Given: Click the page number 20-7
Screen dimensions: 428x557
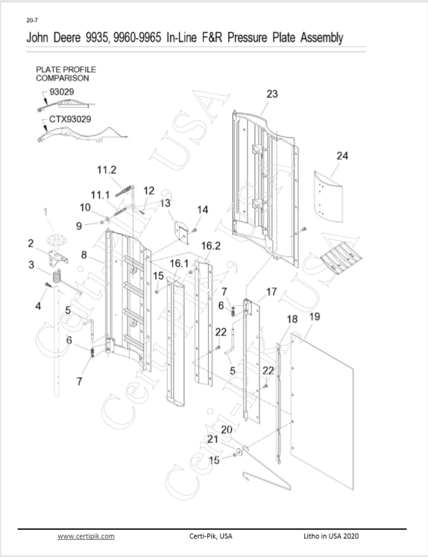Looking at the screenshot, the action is pos(32,21).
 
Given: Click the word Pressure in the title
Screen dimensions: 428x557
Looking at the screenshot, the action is pos(247,37).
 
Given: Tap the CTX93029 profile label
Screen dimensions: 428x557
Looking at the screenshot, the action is pos(70,119).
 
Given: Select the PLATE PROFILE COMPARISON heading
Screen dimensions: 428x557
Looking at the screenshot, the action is pos(66,73).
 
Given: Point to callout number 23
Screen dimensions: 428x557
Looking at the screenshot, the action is pos(272,94).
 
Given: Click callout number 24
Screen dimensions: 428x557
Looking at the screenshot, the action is pos(342,156).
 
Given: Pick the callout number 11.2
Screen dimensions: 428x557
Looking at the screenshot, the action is pos(106,170).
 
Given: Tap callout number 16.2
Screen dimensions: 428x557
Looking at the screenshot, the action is pos(211,246).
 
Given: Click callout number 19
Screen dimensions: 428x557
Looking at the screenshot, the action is pos(314,316).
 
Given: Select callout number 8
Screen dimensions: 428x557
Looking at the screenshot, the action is pos(83,254).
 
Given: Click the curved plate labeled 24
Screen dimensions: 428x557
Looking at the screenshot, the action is pos(329,196).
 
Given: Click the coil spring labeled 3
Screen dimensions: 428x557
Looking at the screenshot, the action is pos(56,276).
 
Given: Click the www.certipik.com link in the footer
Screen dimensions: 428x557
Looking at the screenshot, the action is pos(86,536).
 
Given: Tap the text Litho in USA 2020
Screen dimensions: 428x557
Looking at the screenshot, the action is pos(331,536).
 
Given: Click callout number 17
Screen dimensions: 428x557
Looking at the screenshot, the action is pos(271,292).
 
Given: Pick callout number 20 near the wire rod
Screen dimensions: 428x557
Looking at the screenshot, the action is pos(226,430).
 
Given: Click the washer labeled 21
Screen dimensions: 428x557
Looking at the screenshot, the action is pos(239,451).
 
